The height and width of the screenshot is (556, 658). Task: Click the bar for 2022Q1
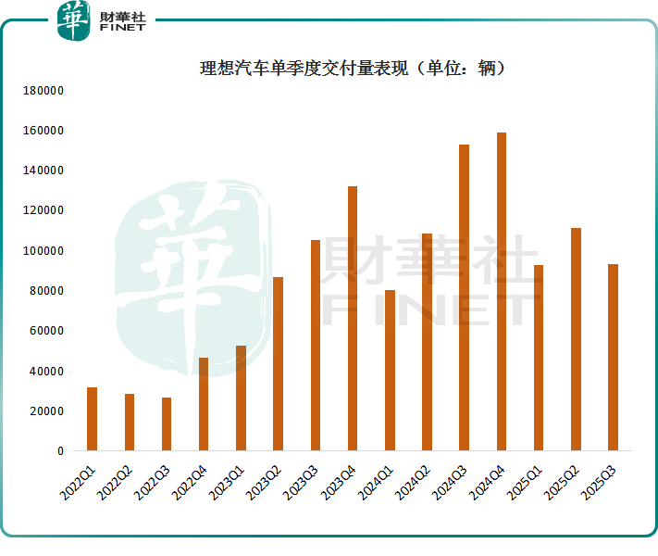click(x=92, y=419)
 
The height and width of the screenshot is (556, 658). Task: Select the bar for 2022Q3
click(x=167, y=424)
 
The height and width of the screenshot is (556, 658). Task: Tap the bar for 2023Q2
click(x=278, y=364)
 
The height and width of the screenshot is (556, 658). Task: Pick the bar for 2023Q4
click(x=353, y=319)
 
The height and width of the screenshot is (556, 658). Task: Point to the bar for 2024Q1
click(x=390, y=371)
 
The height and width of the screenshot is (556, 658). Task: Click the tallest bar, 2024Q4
click(x=502, y=292)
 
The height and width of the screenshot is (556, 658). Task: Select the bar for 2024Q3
click(x=465, y=297)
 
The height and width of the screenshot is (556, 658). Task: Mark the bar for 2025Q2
click(x=576, y=339)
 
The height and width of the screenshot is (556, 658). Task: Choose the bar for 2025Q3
click(x=613, y=358)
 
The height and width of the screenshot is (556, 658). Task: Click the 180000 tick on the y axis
click(x=43, y=91)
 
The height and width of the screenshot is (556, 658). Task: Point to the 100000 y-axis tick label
click(x=43, y=251)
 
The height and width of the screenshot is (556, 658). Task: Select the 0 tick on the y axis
click(x=60, y=451)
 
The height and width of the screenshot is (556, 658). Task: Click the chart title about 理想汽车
click(x=353, y=69)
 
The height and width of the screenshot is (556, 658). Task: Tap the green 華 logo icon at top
click(x=73, y=20)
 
